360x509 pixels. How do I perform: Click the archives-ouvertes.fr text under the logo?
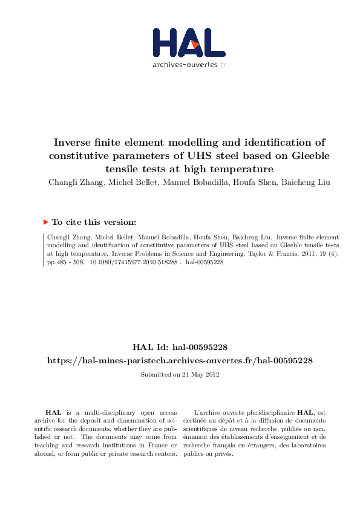click(189, 65)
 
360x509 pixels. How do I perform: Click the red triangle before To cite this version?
click(45, 222)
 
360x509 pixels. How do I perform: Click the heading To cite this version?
click(98, 222)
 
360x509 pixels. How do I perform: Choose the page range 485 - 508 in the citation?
click(67, 264)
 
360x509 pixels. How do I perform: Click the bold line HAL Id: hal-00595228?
click(180, 347)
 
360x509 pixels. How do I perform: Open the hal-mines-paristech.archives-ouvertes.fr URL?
click(180, 360)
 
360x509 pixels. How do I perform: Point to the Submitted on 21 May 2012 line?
click(180, 375)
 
